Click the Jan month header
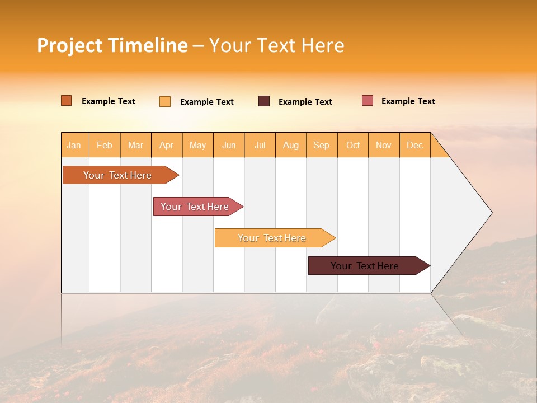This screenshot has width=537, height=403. click(x=74, y=145)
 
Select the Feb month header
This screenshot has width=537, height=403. click(x=105, y=145)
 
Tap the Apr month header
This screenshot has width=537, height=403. click(x=167, y=145)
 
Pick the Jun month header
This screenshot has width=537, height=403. click(x=229, y=145)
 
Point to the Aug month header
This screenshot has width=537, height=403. click(x=291, y=145)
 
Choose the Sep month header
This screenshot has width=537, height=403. click(x=322, y=145)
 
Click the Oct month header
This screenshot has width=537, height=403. click(x=353, y=145)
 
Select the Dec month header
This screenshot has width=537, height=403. click(x=415, y=145)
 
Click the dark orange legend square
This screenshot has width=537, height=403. click(x=67, y=101)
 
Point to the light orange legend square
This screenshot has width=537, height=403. click(x=165, y=101)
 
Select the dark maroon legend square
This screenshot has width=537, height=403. click(x=264, y=101)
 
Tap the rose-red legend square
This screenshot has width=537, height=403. click(x=368, y=101)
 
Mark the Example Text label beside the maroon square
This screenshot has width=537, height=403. click(x=305, y=102)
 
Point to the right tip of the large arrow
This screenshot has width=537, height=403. click(x=491, y=213)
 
